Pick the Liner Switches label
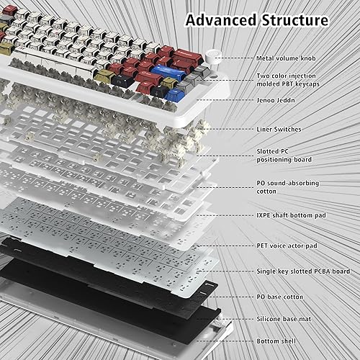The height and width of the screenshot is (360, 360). [279, 129]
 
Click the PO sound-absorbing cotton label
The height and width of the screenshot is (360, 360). [287, 186]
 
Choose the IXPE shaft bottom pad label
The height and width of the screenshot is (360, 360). [287, 215]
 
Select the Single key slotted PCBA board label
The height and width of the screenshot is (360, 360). [303, 271]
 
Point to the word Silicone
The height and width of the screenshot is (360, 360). [269, 318]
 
